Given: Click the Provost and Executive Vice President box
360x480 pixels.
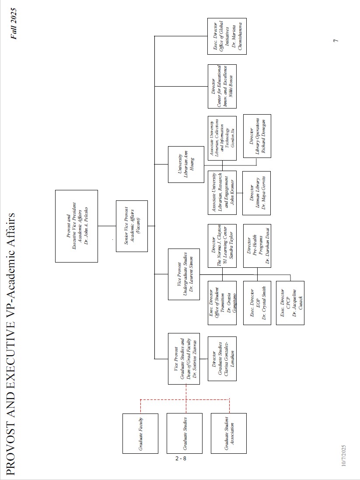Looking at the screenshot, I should point(77,226).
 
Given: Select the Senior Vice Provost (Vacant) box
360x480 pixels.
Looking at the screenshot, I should point(132,226).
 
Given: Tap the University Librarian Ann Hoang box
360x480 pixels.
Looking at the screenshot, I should point(186,164).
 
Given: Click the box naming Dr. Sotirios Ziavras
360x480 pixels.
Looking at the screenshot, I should point(186,358).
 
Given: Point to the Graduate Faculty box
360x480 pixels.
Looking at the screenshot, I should point(140,433).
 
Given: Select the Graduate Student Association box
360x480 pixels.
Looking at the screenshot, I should point(228,433).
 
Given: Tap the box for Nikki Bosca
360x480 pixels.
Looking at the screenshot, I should point(222,86).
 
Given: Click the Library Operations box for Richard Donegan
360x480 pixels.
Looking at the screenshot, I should point(257,137).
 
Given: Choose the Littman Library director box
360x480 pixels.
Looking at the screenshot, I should point(257,193).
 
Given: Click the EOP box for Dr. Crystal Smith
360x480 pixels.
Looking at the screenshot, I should point(257,303).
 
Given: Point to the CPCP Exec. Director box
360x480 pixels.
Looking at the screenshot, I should point(290,303).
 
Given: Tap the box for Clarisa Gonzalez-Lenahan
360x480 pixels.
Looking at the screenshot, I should point(222,358).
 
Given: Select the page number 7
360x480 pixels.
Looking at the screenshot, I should point(336,41).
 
